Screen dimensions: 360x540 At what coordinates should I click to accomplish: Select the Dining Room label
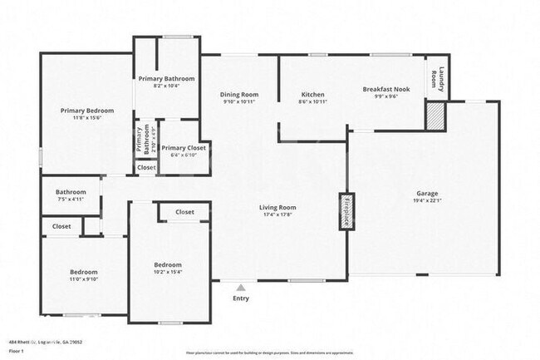pyautogui.click(x=238, y=95)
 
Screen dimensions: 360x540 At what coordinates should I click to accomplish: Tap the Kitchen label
pyautogui.click(x=312, y=95)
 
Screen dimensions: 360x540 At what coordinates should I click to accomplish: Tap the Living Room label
pyautogui.click(x=277, y=208)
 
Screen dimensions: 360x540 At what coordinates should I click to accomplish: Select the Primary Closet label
pyautogui.click(x=184, y=148)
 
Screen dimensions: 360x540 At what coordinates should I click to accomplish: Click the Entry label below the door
pyautogui.click(x=241, y=298)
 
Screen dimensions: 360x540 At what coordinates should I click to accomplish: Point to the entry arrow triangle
pyautogui.click(x=241, y=287)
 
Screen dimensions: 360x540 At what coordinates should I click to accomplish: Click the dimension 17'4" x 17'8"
pyautogui.click(x=277, y=215)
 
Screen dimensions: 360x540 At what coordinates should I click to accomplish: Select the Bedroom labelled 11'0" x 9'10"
pyautogui.click(x=84, y=272)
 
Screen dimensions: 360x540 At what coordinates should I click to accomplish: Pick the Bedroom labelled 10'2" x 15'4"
pyautogui.click(x=168, y=264)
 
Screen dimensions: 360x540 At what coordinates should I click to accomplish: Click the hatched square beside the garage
pyautogui.click(x=435, y=116)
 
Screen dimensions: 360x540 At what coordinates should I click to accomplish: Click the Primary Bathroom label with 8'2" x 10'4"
pyautogui.click(x=168, y=79)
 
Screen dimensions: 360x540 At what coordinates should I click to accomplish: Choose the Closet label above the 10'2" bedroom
pyautogui.click(x=185, y=213)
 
